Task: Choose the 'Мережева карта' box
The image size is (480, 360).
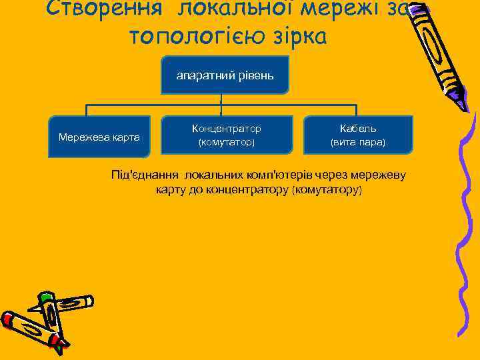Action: (99, 137)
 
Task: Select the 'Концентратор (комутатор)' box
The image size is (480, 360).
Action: (226, 135)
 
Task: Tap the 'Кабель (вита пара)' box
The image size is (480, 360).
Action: (357, 135)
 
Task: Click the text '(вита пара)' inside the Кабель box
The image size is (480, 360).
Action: (357, 143)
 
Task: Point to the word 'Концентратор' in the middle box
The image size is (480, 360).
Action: (226, 128)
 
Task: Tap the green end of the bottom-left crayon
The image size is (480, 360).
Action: (45, 296)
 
